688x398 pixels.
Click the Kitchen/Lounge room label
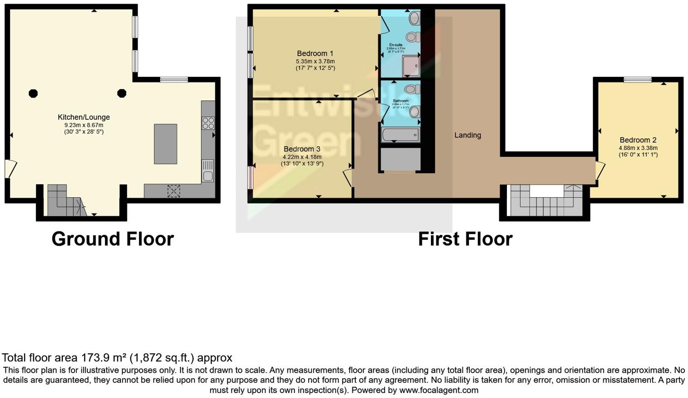point(84,117)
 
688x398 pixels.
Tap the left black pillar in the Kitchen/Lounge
point(33,94)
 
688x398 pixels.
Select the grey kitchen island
point(165,144)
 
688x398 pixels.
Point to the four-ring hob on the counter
point(208,123)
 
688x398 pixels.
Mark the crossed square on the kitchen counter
point(173,191)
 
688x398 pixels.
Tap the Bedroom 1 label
point(315,53)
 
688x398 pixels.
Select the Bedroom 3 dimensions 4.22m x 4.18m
point(302,157)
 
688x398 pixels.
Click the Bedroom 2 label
point(638,140)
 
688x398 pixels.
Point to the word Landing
point(468,135)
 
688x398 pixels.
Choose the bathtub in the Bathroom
point(400,134)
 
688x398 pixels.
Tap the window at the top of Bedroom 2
point(637,80)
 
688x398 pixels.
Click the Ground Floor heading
point(113,239)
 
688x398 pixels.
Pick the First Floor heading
point(465,239)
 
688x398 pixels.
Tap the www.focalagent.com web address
point(439,390)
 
